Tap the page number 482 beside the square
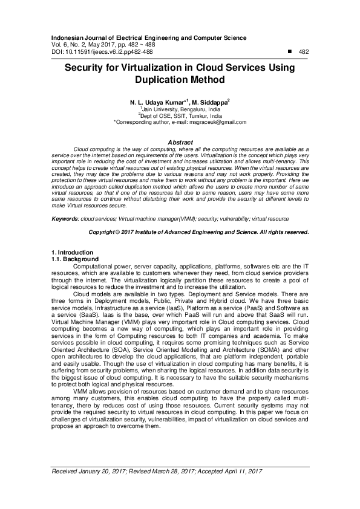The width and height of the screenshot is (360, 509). pyautogui.click(x=303, y=52)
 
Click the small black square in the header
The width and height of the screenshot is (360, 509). pyautogui.click(x=290, y=52)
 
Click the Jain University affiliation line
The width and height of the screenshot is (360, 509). pyautogui.click(x=180, y=109)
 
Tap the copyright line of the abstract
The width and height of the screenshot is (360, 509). pyautogui.click(x=199, y=232)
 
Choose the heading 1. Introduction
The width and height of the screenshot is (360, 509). pyautogui.click(x=72, y=252)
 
